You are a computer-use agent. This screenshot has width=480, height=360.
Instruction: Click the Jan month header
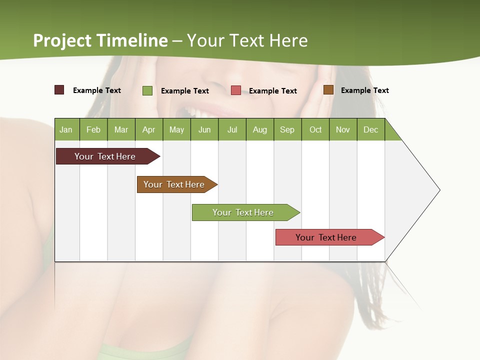point(66,129)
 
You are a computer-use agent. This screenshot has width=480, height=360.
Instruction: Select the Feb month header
point(93,129)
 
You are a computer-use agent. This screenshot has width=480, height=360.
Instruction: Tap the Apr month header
point(148,129)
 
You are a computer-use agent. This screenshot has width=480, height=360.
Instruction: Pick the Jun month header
point(204,129)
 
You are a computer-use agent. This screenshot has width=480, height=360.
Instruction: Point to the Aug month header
point(259,129)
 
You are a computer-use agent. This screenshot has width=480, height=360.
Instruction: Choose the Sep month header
point(287,129)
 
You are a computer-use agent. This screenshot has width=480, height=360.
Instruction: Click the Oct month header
point(315,129)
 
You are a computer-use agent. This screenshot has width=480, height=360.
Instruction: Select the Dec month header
point(370,129)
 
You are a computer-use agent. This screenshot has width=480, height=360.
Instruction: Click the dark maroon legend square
point(59,90)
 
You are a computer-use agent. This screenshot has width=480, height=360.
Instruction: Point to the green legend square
point(147,90)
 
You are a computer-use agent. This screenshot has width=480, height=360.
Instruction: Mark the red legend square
point(236,90)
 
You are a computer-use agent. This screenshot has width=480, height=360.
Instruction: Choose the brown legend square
point(328,90)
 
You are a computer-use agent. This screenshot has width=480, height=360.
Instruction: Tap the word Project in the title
point(62,40)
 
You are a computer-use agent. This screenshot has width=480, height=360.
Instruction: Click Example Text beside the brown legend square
point(364,90)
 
